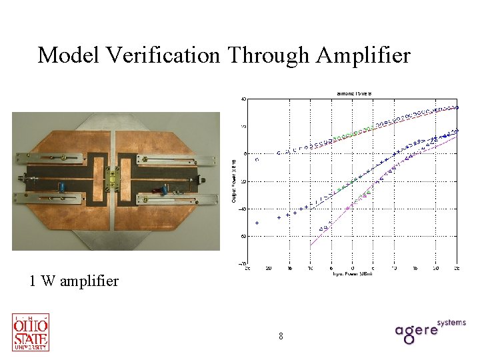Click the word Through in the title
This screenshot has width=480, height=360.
pyautogui.click(x=270, y=55)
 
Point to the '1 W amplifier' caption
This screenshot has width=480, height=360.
pyautogui.click(x=73, y=281)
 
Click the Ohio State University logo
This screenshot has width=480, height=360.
pyautogui.click(x=31, y=331)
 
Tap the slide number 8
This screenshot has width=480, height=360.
pyautogui.click(x=281, y=337)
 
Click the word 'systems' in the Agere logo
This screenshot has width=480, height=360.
pyautogui.click(x=451, y=322)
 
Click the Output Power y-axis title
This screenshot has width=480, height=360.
pyautogui.click(x=234, y=181)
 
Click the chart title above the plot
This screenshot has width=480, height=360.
pyautogui.click(x=352, y=93)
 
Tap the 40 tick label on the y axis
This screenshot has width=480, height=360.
pyautogui.click(x=243, y=99)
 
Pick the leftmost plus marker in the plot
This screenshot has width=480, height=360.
pyautogui.click(x=257, y=223)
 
